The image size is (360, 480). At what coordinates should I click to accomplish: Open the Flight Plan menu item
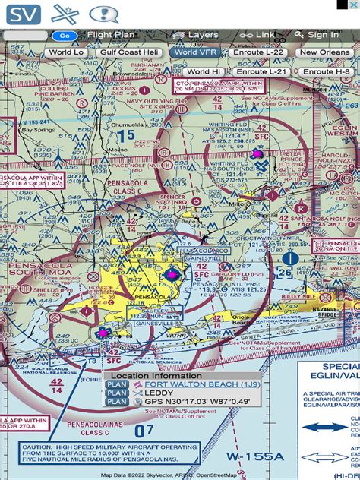coord(109,35)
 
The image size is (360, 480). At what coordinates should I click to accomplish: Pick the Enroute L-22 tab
coord(257,52)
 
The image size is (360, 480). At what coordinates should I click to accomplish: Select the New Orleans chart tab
coord(325,52)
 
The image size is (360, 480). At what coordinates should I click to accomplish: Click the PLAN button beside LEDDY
coord(116,393)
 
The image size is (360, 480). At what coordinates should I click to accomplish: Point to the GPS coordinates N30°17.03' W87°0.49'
coord(197,402)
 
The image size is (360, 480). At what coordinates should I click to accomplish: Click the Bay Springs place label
coord(38,130)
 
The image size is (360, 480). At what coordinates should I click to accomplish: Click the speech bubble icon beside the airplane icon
coord(104,14)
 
